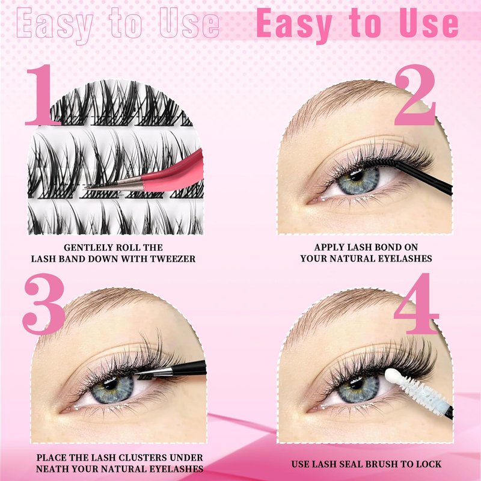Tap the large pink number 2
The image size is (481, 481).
coord(415,95)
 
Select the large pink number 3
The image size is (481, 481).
coord(43,304)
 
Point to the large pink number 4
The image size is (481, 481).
coord(417,304)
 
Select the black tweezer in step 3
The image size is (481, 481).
coord(172,369)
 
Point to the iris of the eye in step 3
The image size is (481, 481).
coord(112,390)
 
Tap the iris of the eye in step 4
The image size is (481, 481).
coord(358,389)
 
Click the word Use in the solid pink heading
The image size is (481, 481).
coord(429,23)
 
